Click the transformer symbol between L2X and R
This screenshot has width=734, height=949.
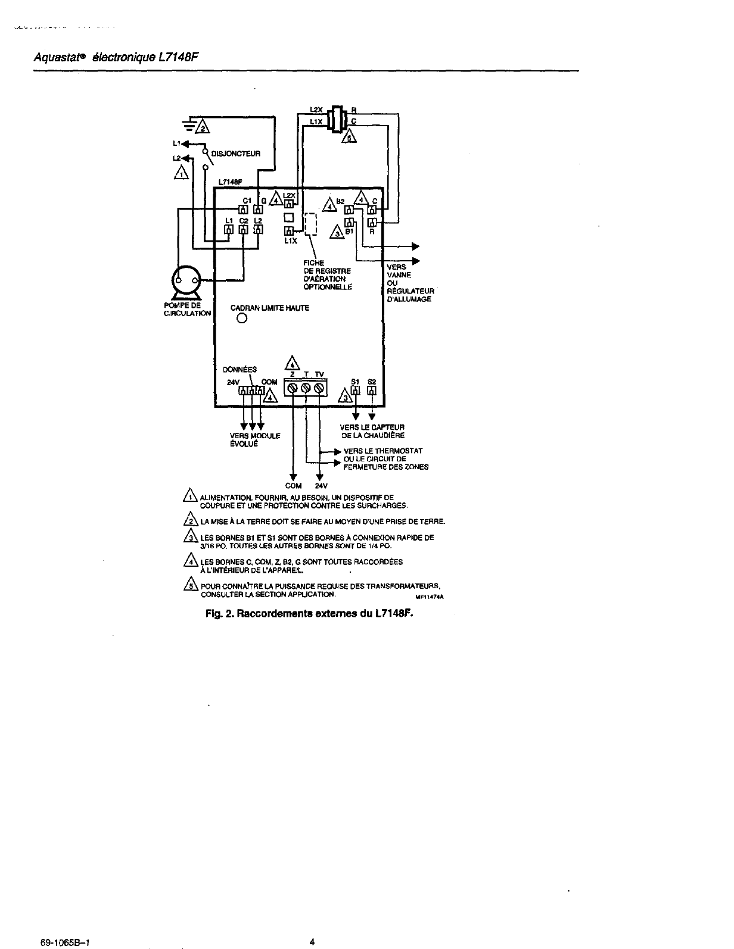tap(338, 119)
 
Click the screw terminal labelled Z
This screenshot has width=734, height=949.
tap(293, 388)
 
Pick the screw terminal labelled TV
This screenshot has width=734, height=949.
tap(319, 388)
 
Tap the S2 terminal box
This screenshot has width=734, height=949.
tap(372, 391)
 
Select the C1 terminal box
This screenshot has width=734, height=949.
tap(243, 209)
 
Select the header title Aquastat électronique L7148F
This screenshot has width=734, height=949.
tap(115, 58)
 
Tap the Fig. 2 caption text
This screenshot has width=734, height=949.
tap(309, 612)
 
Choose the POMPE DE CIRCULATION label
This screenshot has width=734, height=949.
tap(186, 310)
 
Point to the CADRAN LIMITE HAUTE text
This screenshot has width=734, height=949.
tap(270, 308)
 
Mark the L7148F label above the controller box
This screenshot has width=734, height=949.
tap(229, 182)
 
